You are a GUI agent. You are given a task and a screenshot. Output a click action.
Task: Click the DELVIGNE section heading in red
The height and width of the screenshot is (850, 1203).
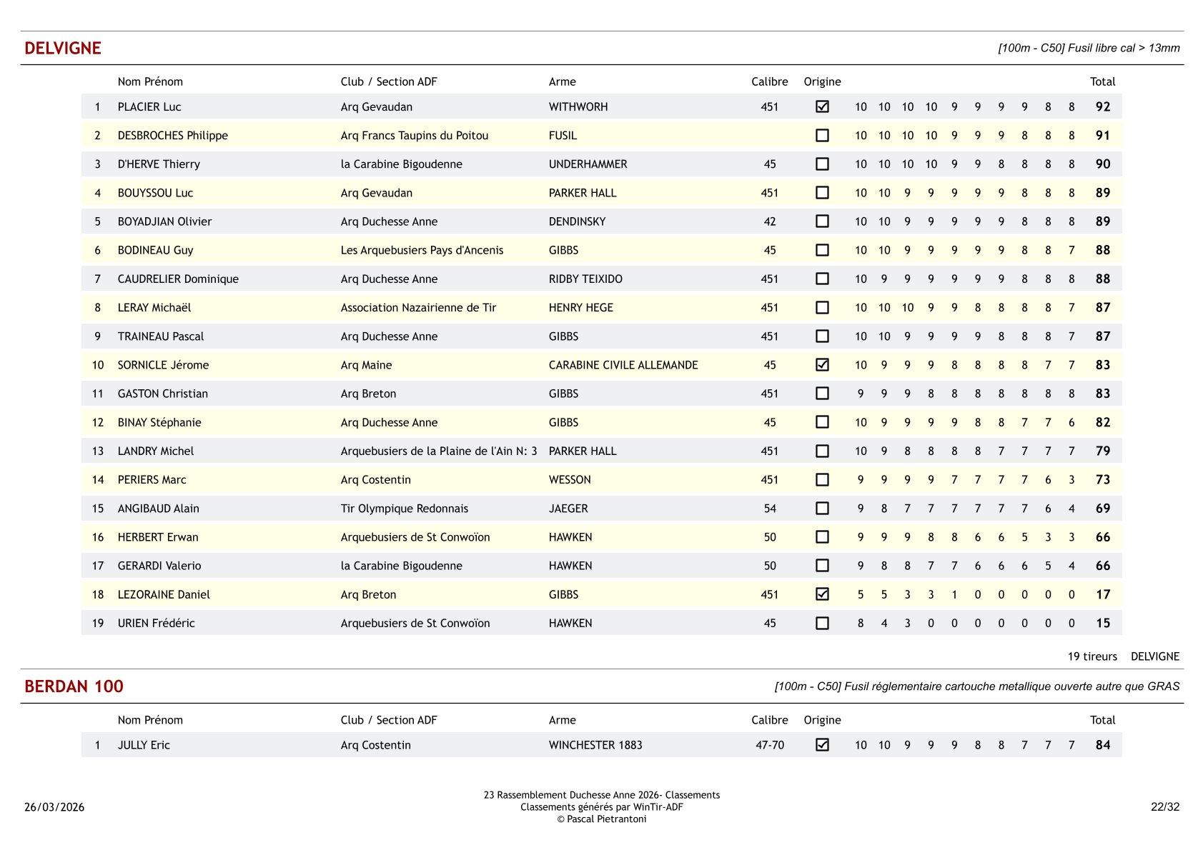pos(63,49)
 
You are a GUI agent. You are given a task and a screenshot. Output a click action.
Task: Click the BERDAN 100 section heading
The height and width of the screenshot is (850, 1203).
pos(74,686)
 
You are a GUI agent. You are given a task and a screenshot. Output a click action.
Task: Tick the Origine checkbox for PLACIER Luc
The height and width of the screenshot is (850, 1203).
pos(822,106)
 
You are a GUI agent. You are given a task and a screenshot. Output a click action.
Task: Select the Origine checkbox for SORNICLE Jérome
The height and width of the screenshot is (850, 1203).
pos(822,365)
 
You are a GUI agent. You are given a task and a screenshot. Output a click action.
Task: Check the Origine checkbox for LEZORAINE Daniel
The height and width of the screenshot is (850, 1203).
pos(822,594)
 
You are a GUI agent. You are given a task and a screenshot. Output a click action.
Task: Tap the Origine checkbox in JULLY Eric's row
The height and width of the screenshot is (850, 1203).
pos(822,745)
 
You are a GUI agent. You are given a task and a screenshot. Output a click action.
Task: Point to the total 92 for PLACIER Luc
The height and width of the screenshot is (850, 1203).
pos(1103,106)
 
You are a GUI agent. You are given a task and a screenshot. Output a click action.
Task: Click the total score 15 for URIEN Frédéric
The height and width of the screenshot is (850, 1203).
pos(1103,623)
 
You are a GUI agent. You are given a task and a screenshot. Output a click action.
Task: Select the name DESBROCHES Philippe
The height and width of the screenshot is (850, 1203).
pos(172,136)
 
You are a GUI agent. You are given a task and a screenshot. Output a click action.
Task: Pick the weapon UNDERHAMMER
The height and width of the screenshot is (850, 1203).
pos(588,164)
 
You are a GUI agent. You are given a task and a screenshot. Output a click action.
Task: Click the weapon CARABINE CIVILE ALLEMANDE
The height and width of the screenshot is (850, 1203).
pos(623,365)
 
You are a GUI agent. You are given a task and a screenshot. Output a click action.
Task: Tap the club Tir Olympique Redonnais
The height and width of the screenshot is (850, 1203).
pos(404,509)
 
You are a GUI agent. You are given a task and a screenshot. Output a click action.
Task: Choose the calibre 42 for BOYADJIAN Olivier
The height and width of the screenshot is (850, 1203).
pos(769,221)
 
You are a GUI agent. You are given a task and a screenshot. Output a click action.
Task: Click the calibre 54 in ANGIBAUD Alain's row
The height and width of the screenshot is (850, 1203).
pos(769,509)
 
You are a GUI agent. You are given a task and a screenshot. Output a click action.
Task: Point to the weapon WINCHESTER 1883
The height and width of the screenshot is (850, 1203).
pos(595,745)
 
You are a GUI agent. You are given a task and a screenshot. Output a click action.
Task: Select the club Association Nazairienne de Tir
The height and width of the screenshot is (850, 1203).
pos(418,308)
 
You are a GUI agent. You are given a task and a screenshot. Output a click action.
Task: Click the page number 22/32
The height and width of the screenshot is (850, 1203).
pos(1164,807)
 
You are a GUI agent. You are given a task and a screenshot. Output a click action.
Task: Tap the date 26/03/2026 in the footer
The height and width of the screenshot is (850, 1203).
pos(54,807)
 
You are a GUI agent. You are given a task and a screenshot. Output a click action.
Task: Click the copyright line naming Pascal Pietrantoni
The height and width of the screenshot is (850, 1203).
pos(601,819)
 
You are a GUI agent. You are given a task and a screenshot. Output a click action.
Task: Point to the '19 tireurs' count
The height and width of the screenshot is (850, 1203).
pos(1091,656)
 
